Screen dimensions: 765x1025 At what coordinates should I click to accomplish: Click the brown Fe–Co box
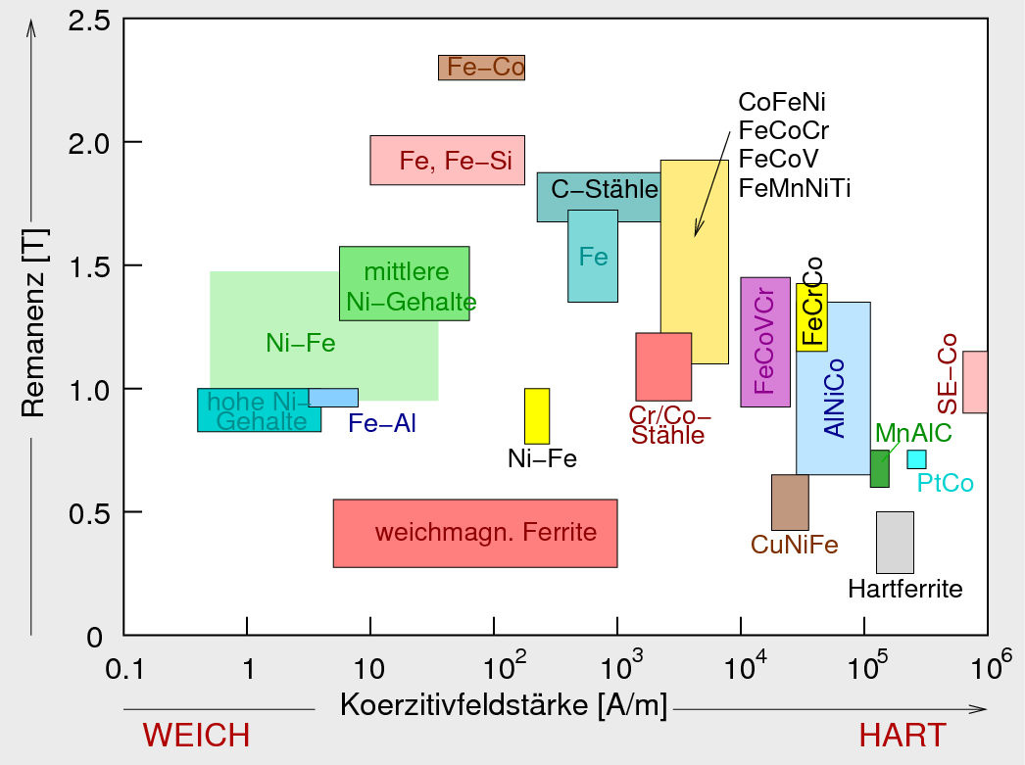click(x=481, y=67)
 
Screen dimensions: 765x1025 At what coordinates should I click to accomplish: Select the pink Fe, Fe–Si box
click(x=447, y=160)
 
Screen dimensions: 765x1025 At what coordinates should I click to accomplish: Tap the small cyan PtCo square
click(x=916, y=458)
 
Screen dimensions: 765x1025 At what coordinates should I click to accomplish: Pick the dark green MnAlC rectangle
click(x=879, y=469)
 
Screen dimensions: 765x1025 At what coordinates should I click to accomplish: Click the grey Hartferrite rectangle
click(x=895, y=542)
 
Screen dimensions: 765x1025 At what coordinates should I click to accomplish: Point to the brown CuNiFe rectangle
click(x=790, y=502)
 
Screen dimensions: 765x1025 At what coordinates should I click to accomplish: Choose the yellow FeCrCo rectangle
click(x=811, y=317)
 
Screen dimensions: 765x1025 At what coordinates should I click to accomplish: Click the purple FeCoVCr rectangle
click(x=765, y=342)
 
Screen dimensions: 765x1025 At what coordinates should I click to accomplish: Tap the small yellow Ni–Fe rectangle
click(x=537, y=416)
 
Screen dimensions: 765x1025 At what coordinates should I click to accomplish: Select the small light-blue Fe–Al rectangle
click(x=333, y=398)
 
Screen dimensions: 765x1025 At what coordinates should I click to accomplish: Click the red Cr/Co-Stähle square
click(x=663, y=366)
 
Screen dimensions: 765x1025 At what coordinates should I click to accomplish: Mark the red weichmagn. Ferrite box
click(x=475, y=533)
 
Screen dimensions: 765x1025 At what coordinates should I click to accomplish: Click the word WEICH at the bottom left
click(x=197, y=735)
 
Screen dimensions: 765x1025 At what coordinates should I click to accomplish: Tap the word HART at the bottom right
click(x=903, y=735)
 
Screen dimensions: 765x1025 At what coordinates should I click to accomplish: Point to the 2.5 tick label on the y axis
click(x=88, y=20)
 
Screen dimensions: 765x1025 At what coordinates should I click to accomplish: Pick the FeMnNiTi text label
click(x=795, y=187)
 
